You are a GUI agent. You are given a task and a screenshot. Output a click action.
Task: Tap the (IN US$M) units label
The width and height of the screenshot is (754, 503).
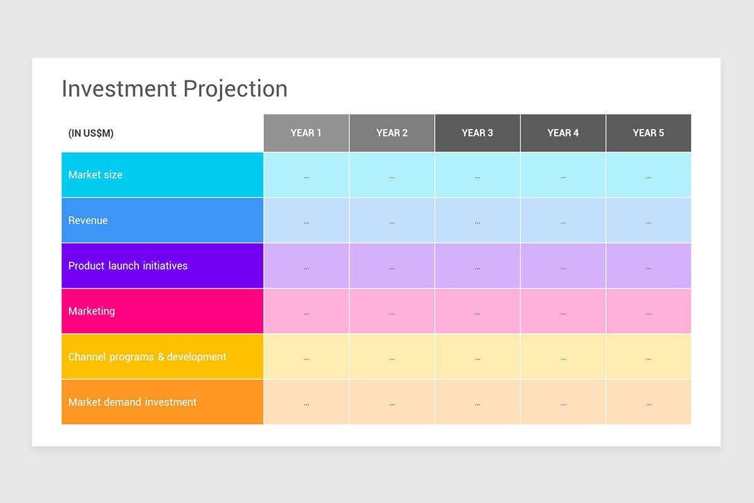point(90,133)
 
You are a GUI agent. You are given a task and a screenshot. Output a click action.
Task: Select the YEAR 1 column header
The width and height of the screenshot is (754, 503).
point(306,133)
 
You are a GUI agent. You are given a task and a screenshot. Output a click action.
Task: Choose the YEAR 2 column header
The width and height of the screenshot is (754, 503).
point(392,133)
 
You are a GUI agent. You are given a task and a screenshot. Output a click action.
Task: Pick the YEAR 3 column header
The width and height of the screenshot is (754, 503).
point(478,133)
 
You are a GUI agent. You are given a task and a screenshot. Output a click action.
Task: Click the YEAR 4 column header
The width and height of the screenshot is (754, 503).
point(563,133)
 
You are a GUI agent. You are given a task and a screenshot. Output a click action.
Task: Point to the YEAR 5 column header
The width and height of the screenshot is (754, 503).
point(648,133)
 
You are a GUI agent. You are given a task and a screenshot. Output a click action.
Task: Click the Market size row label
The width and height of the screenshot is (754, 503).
point(96,175)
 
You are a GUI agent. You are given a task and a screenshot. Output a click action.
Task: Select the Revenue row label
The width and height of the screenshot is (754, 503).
point(88,221)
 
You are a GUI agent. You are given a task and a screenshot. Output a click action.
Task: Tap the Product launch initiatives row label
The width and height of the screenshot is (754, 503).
point(128,266)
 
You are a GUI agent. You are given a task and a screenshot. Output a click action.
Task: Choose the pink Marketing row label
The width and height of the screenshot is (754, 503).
point(92,311)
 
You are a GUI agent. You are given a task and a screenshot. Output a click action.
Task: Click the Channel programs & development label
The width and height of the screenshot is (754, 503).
point(147,357)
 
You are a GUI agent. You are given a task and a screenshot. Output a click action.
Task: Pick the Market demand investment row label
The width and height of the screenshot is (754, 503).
point(133,402)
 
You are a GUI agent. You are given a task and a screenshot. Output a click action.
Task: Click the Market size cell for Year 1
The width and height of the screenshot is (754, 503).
point(306,175)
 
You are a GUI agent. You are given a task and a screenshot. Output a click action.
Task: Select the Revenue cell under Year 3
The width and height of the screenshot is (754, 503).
point(478,221)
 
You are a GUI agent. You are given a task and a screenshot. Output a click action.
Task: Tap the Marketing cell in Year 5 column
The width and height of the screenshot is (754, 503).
point(648,311)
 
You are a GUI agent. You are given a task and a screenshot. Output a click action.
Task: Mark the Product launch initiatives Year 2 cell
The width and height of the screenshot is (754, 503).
point(392,266)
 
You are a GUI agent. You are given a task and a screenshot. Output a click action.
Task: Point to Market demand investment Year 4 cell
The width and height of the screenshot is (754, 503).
point(563,402)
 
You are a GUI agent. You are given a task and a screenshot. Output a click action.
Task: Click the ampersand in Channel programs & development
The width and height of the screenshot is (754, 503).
point(161,357)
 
